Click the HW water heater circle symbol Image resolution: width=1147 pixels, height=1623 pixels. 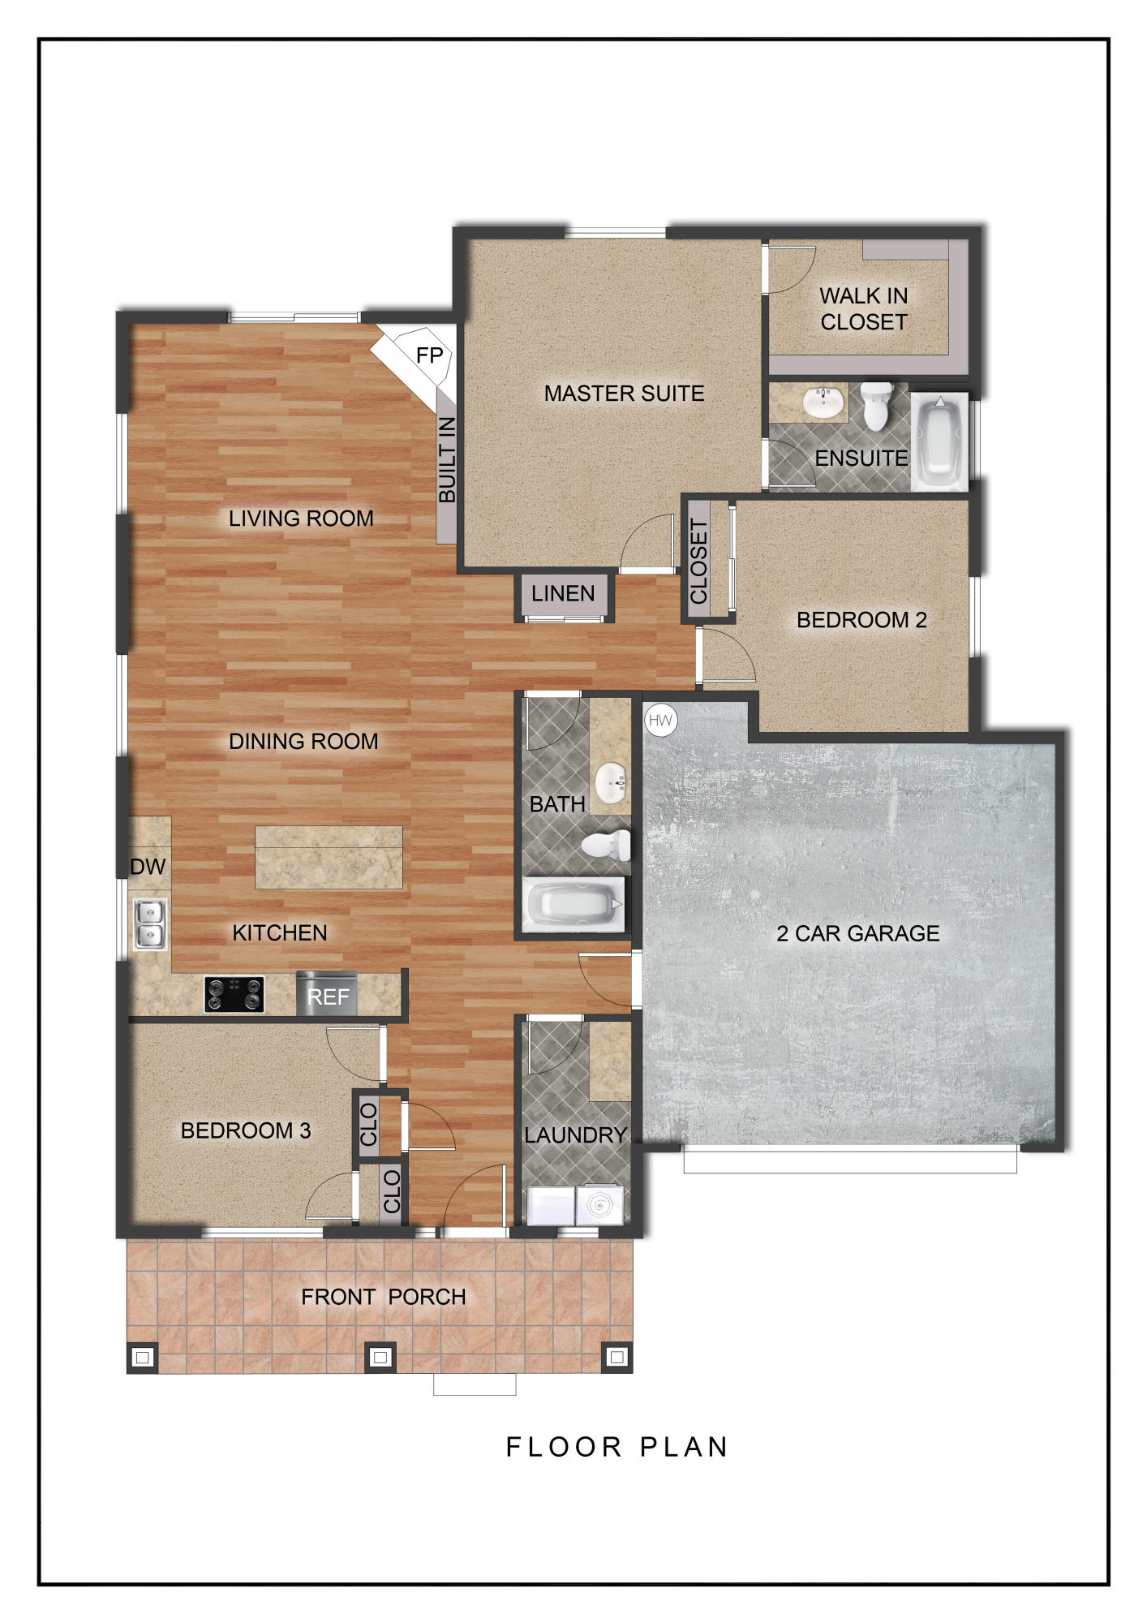(660, 720)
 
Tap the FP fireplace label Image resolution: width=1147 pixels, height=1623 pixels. (429, 355)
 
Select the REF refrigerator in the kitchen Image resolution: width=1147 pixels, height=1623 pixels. (327, 994)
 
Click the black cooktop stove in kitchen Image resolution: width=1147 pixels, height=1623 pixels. (234, 994)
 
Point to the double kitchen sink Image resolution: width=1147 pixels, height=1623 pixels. (150, 924)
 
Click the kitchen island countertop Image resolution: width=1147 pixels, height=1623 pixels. (329, 857)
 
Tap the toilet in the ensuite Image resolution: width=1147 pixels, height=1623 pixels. (876, 405)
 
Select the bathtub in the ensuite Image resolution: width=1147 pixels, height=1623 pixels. (939, 442)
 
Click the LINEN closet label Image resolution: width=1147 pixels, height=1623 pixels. (563, 594)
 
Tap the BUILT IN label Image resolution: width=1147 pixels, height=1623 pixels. (447, 460)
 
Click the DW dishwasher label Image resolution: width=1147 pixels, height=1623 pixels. (148, 867)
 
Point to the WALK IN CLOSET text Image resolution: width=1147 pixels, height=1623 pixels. (863, 309)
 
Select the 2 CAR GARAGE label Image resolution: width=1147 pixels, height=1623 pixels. (857, 933)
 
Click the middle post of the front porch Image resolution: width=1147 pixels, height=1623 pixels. (380, 1356)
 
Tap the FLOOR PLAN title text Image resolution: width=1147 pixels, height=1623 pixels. (616, 1447)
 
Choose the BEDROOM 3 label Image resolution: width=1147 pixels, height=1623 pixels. (245, 1130)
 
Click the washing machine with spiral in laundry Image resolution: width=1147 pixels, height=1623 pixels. (599, 1205)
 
